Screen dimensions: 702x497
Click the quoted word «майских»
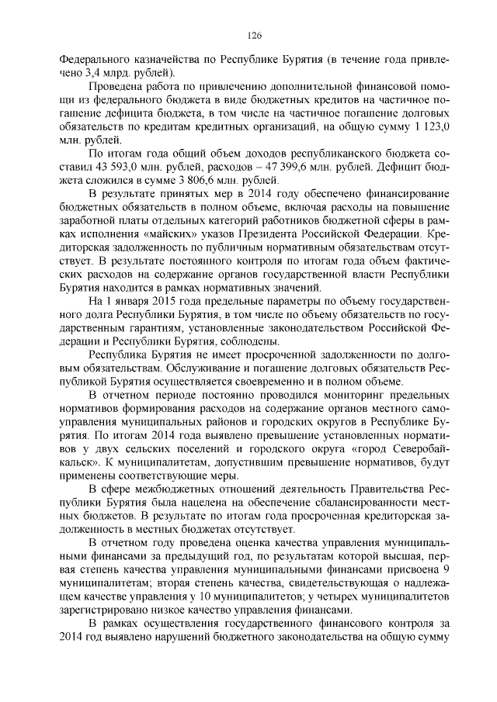point(173,233)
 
